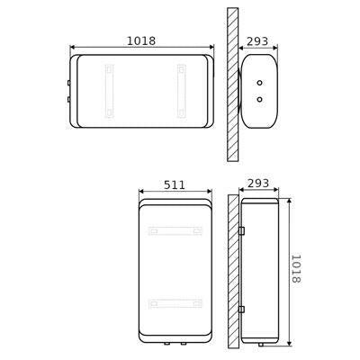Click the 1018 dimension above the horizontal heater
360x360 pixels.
point(141,40)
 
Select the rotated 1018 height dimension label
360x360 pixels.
point(296,268)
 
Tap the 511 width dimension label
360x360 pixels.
point(175,184)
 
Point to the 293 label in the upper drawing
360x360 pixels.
point(257,41)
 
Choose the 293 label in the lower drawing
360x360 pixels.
point(258,183)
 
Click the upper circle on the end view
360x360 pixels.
point(260,83)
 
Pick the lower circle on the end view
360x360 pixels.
point(260,99)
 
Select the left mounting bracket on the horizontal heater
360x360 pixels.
point(109,91)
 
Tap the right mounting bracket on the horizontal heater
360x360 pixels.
point(182,91)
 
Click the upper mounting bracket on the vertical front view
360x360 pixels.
point(175,231)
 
